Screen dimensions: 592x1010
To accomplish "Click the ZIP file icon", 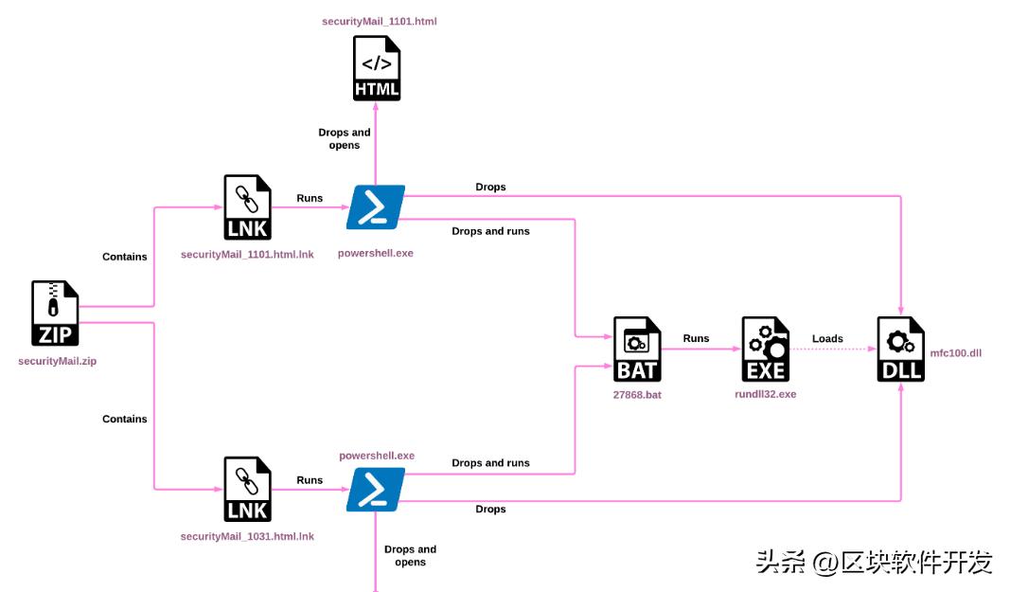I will [x=55, y=314].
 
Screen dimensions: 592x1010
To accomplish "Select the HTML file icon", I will [x=377, y=67].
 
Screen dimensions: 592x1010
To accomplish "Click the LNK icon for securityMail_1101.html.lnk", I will [x=247, y=207].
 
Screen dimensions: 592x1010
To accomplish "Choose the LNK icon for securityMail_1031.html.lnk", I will [x=247, y=489].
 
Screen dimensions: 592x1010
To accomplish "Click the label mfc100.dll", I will [x=956, y=352].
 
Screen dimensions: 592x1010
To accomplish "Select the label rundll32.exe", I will [x=766, y=394].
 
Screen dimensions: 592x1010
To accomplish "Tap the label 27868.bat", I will [x=637, y=394].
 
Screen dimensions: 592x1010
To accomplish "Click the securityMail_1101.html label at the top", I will [x=379, y=20].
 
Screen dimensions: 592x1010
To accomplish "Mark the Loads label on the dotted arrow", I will [x=827, y=338].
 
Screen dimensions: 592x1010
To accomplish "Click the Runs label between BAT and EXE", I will [x=696, y=338].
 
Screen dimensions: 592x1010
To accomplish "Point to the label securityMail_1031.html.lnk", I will [x=247, y=536].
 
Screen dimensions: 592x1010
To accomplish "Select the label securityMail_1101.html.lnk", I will [x=247, y=255].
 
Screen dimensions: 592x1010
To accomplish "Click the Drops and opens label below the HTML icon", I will [x=345, y=139].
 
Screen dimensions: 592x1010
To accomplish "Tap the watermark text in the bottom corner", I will [x=874, y=563].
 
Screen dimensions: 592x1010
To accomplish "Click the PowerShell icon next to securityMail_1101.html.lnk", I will [x=376, y=207].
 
